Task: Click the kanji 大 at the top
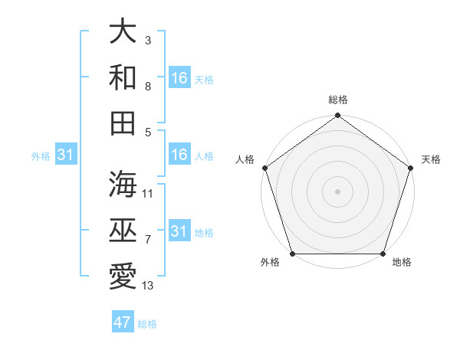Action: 123,31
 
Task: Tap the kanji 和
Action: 123,77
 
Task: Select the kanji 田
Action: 123,123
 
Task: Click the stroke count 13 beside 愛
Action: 148,286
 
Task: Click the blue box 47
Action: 123,322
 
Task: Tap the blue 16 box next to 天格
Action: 179,78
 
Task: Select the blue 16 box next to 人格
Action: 179,155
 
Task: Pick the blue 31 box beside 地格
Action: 179,232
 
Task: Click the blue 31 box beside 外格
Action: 66,155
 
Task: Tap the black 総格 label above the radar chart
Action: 337,100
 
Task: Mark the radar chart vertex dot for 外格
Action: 291,254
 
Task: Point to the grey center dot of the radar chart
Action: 337,191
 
